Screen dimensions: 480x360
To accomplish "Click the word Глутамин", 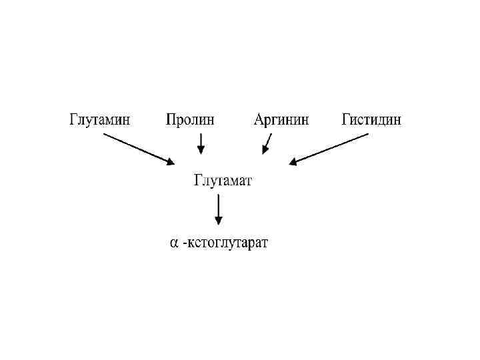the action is (99, 120).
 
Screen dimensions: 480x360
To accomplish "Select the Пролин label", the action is (191, 120).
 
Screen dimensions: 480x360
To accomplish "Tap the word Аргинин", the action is (281, 120).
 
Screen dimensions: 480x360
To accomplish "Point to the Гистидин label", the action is (371, 120).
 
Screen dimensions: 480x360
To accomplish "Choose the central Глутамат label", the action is (223, 180).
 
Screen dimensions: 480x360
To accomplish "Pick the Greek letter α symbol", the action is (173, 243).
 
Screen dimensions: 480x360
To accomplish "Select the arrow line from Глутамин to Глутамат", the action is (137, 148).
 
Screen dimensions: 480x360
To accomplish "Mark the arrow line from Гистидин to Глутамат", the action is (330, 148).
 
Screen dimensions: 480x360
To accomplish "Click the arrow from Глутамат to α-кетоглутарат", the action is (218, 210).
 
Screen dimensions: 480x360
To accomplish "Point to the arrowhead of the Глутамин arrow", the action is (170, 162).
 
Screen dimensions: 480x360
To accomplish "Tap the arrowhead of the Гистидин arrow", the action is (294, 162).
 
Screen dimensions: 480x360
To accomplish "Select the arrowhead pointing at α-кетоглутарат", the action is (218, 221).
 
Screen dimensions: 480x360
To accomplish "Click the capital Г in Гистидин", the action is (347, 120).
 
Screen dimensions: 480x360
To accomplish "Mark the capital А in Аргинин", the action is (260, 120).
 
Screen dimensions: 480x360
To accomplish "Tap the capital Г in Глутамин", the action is (74, 120).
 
